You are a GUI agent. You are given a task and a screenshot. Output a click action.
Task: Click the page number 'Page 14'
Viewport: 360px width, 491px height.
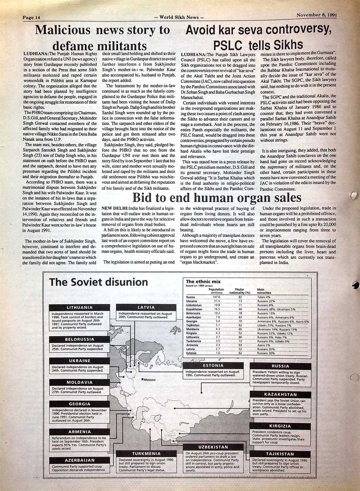31,17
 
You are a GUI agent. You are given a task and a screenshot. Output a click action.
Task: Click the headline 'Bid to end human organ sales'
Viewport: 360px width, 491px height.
217,198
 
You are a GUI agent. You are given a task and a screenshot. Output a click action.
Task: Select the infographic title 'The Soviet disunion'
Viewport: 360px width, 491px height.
98,282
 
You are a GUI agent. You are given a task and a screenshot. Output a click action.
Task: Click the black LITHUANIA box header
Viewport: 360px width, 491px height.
80,307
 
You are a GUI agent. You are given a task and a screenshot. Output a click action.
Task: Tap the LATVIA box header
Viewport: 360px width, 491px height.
146,307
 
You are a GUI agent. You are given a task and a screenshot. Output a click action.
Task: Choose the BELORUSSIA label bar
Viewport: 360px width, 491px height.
80,339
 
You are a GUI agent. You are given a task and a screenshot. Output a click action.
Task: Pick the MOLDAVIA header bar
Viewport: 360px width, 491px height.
80,382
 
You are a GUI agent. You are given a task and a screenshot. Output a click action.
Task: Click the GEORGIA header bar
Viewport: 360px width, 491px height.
80,404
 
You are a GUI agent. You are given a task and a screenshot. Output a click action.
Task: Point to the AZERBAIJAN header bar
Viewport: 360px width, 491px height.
80,460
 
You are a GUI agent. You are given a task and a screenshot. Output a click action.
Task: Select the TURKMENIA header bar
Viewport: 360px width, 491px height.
146,454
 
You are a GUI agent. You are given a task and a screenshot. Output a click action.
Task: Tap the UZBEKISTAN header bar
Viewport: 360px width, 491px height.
213,447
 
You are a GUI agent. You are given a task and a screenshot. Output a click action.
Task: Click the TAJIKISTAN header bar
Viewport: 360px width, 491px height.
280,454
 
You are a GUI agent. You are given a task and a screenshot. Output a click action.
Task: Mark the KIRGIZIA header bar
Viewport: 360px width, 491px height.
280,426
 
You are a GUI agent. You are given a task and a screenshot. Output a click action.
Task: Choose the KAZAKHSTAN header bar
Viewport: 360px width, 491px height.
280,395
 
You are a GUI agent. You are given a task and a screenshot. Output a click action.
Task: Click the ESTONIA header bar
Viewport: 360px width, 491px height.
213,365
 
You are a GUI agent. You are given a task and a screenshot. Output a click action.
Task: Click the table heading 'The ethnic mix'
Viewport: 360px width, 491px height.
203,281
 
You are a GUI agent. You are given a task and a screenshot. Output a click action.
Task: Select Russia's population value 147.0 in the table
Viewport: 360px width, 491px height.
216,297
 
